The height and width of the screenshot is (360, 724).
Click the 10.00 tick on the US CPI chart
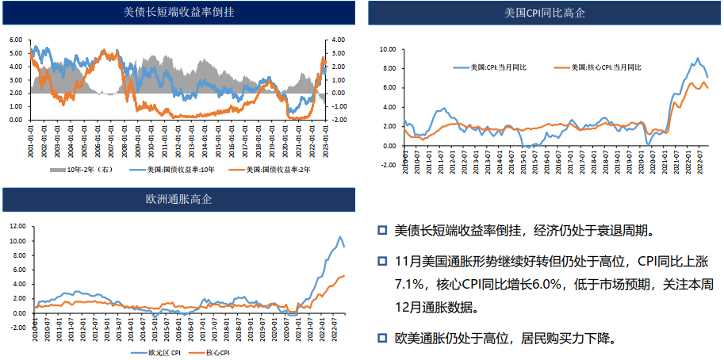pyautogui.click(x=387, y=49)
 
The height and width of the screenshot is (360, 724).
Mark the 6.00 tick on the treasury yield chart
pyautogui.click(x=16, y=40)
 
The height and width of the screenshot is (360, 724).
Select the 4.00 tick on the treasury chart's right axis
pyautogui.click(x=336, y=40)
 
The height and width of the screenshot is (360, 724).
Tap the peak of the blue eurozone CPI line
pyautogui.click(x=340, y=236)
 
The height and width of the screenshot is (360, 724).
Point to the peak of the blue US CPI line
pyautogui.click(x=697, y=58)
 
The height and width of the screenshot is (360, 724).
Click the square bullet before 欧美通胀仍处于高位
pyautogui.click(x=381, y=339)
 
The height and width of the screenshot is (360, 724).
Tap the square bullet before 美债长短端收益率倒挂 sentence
pyautogui.click(x=381, y=231)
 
